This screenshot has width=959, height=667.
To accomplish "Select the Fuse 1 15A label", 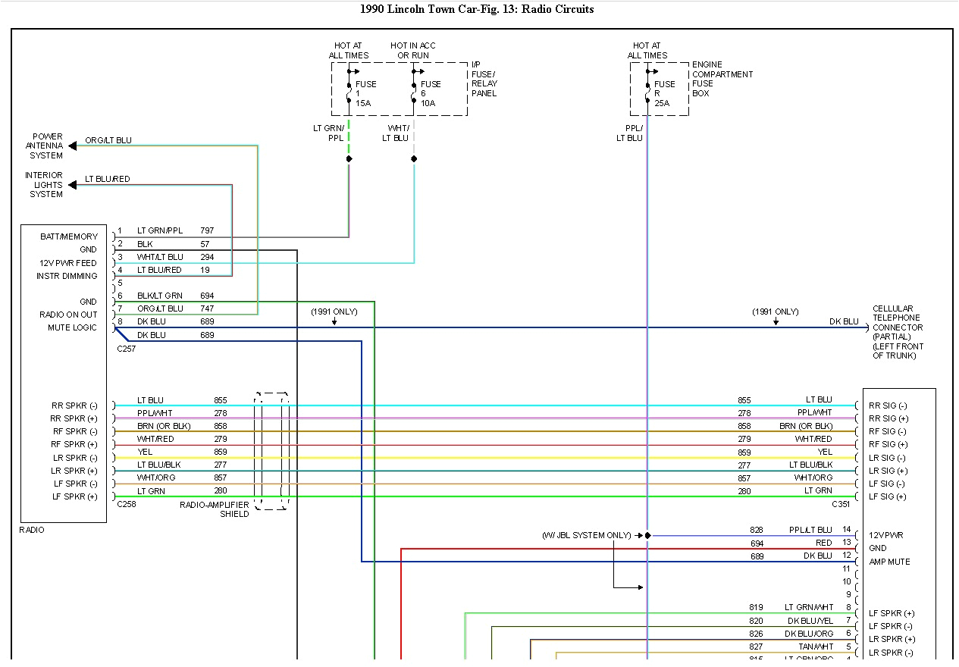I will [365, 93].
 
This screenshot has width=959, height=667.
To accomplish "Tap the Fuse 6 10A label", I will [431, 93].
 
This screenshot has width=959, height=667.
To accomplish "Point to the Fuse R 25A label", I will [664, 93].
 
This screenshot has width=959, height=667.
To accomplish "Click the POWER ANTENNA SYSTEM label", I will [45, 146].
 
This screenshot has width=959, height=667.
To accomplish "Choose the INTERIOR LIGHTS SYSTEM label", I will [44, 185].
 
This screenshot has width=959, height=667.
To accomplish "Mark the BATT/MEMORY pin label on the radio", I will [69, 236].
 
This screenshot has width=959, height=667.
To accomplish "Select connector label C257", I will [127, 349].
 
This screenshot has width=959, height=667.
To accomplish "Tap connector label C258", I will [127, 503].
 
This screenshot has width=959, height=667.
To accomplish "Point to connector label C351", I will [841, 504].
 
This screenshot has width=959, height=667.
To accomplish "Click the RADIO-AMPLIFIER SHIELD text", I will [215, 509].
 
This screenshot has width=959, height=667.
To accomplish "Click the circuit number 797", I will [207, 230].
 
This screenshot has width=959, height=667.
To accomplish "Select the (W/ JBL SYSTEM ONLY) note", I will [586, 535].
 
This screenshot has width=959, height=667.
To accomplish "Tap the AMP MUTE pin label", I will [889, 562].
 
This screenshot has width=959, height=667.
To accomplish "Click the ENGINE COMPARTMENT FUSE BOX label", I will [722, 79].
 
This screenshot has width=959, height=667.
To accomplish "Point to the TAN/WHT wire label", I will [815, 647].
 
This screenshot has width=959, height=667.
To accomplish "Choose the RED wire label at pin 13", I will [823, 543].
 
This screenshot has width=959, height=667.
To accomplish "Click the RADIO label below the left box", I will [32, 530].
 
